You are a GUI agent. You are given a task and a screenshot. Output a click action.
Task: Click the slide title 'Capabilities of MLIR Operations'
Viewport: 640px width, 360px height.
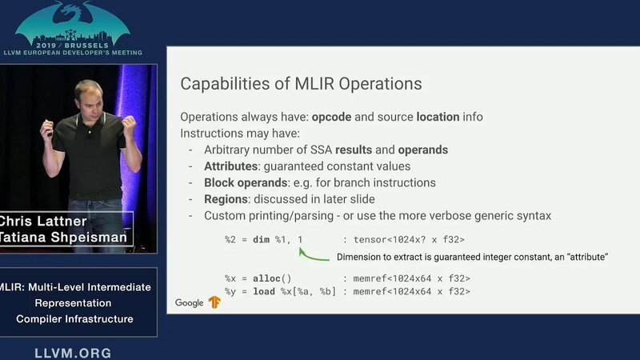[x=301, y=83]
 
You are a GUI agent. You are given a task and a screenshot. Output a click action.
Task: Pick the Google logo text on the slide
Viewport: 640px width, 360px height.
[x=190, y=302]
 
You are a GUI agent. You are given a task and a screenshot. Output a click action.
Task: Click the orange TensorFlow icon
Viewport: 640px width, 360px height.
[x=214, y=302]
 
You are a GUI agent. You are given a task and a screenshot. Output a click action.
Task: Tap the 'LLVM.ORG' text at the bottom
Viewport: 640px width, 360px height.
[x=73, y=353]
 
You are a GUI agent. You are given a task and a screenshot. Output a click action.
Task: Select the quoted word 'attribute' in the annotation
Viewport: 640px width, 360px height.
[x=582, y=257]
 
